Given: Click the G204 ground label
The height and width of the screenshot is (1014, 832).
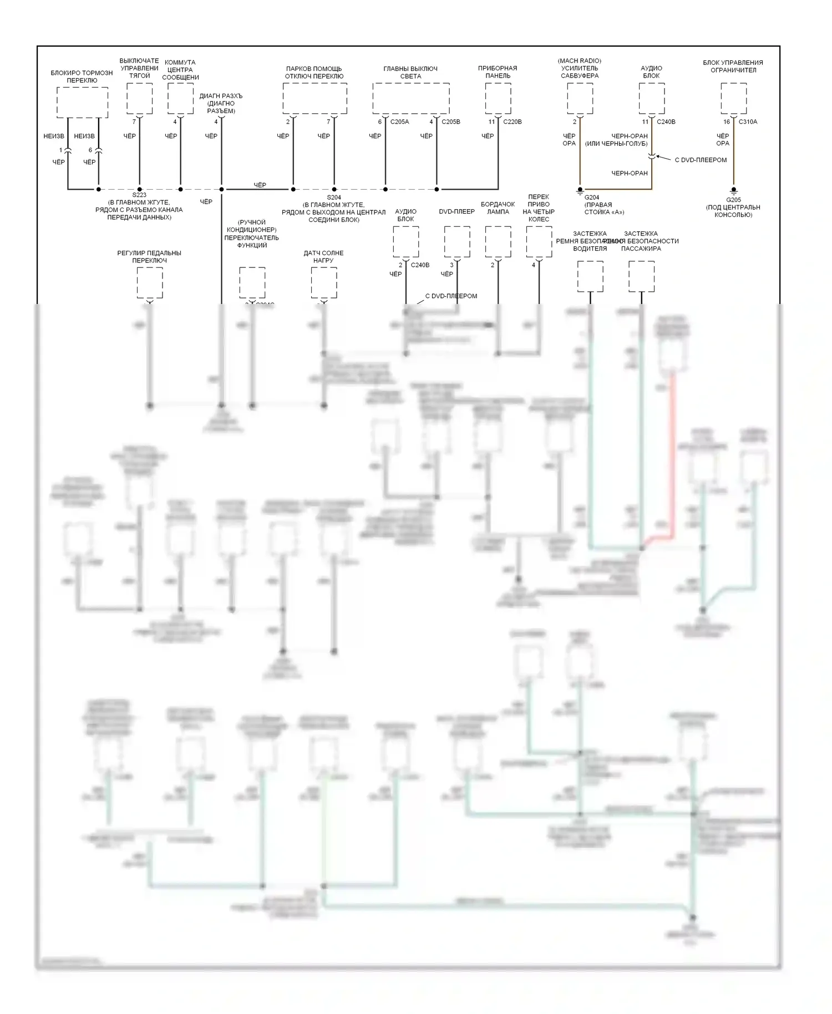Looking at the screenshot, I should coord(592,197).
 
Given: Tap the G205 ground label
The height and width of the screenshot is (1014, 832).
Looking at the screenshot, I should coord(733,200).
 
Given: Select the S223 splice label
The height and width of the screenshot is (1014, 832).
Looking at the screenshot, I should coord(139,195).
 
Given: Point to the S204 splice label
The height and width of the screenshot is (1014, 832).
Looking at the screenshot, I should coord(334,197).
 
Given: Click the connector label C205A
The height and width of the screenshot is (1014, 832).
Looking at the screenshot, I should coord(399,122).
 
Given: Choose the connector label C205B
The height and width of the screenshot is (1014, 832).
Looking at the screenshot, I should coord(450,122).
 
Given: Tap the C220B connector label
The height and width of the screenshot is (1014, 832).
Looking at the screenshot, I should coord(512,122).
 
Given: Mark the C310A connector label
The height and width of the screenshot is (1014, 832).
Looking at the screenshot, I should coord(748,122).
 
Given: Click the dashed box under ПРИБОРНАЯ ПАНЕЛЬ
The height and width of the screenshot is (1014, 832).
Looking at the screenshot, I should coord(498,99).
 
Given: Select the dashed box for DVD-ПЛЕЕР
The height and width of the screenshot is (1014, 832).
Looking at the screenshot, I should coord(457,242).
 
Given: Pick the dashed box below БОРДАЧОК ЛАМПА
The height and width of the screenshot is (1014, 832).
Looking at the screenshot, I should coord(498,242).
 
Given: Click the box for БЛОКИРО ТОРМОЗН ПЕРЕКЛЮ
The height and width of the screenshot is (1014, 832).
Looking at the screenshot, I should coord(83,103).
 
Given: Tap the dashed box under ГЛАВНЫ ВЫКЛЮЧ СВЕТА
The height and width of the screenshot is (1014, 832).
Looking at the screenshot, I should coord(411,99).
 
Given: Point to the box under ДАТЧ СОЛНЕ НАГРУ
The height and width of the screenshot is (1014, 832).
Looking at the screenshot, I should coord(324,282).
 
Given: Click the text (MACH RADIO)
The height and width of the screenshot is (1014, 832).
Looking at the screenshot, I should coord(580,61).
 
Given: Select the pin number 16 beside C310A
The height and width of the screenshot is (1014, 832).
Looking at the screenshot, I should coord(727,122).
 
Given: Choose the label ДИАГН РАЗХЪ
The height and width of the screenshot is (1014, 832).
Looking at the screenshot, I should coord(221,96).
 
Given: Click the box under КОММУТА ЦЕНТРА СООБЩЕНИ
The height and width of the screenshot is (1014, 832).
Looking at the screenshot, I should coord(180,99).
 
